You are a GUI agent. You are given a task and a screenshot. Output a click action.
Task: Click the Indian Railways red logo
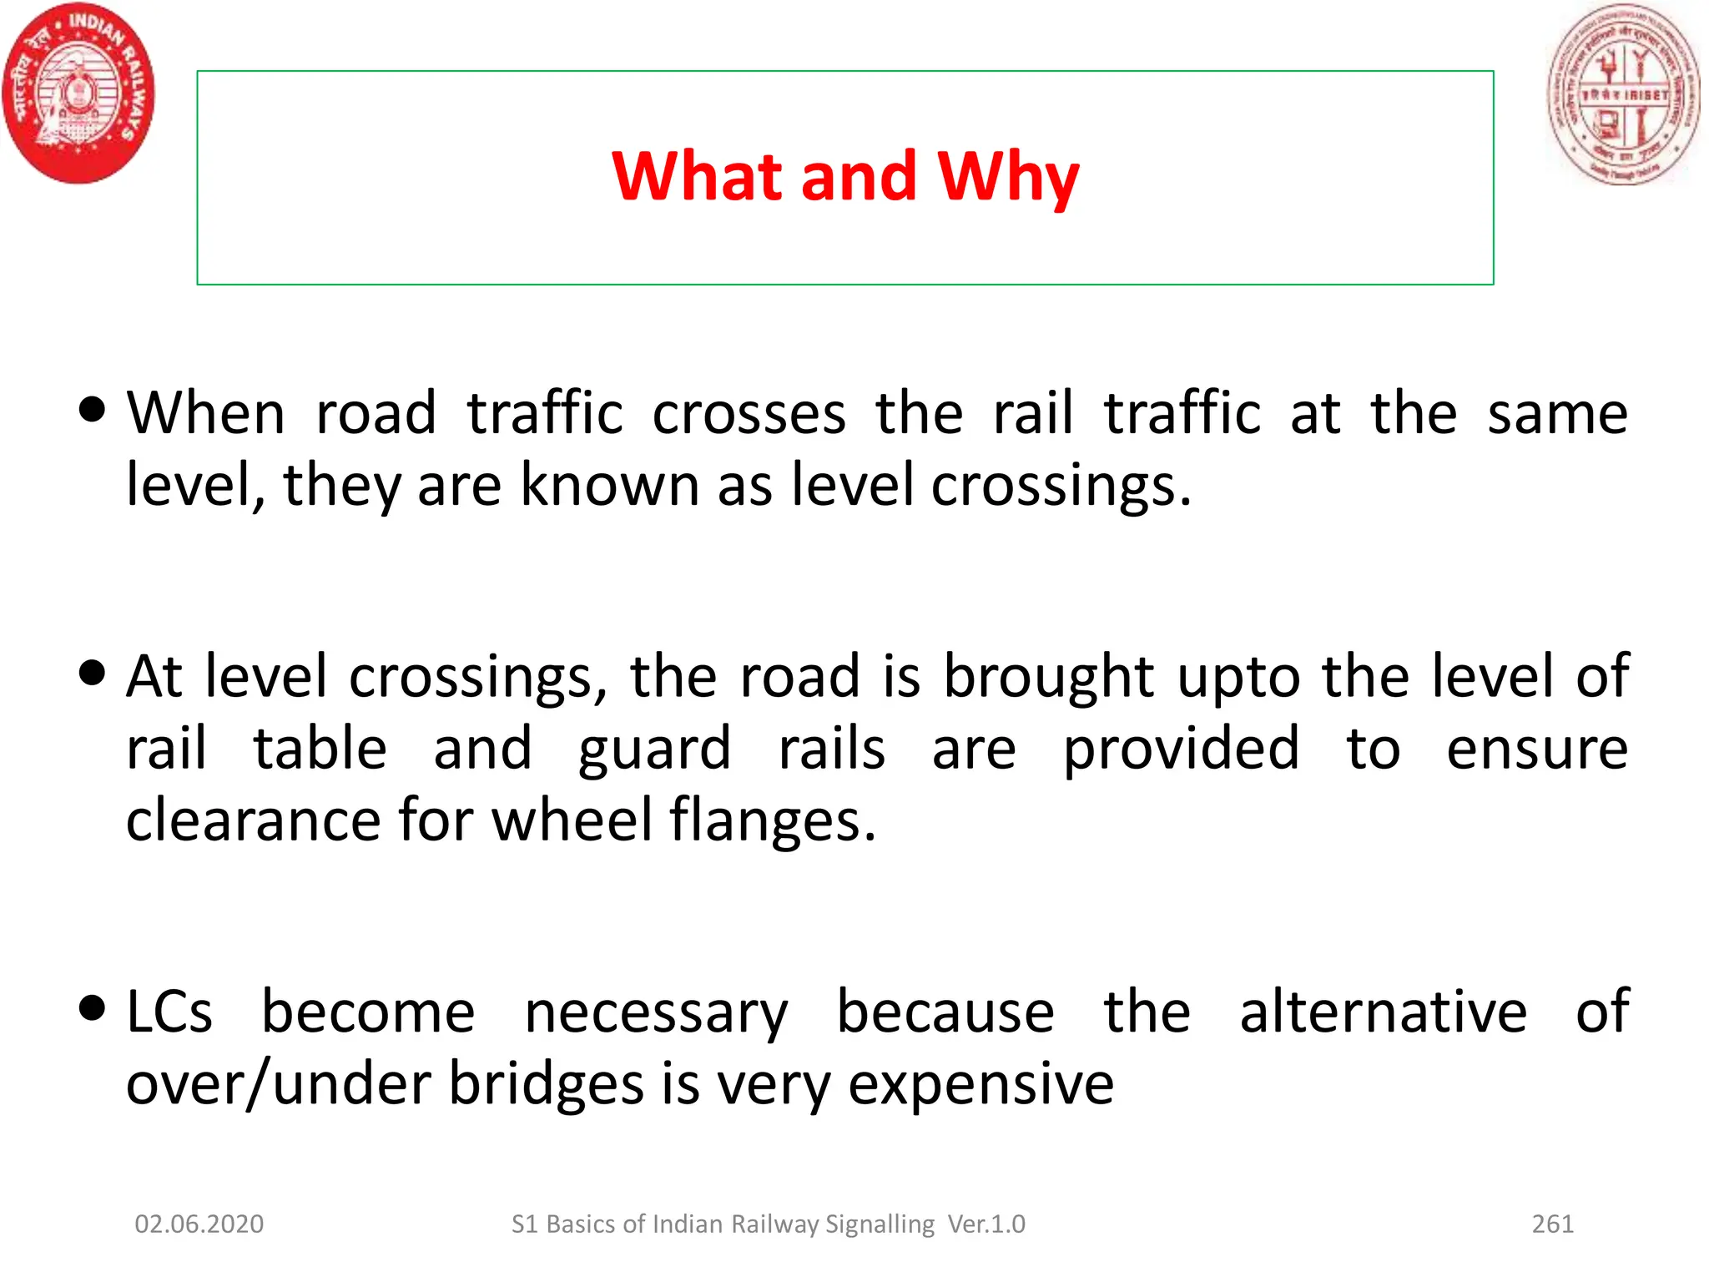(x=78, y=92)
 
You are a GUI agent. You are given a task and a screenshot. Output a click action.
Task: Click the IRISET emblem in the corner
(x=1623, y=93)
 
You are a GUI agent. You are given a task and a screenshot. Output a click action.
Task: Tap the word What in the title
(x=697, y=177)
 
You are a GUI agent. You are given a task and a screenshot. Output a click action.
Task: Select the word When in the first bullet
(x=206, y=413)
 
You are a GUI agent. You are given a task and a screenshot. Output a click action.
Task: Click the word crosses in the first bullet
(x=749, y=415)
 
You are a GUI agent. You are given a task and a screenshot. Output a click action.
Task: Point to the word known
(x=609, y=485)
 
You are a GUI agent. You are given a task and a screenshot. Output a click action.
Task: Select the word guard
(x=654, y=750)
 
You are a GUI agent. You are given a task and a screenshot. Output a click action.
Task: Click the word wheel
(x=572, y=820)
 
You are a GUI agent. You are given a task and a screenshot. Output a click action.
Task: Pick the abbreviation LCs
(x=169, y=1012)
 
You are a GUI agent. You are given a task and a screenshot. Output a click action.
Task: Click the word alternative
(x=1383, y=1012)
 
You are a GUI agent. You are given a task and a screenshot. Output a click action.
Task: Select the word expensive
(x=981, y=1085)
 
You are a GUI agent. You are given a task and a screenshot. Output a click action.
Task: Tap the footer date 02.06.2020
(x=199, y=1224)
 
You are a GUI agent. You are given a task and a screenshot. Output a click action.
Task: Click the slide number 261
(x=1552, y=1224)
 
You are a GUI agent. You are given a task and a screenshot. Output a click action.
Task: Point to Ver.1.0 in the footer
(x=986, y=1224)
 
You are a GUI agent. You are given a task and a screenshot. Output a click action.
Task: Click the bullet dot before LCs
(x=92, y=1007)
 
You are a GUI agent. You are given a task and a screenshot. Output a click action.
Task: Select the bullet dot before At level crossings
(x=92, y=672)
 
